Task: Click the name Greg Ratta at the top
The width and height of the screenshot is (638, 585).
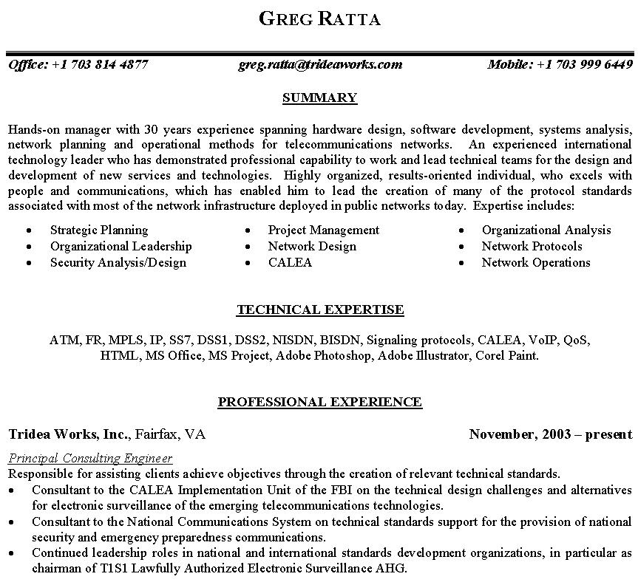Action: (319, 18)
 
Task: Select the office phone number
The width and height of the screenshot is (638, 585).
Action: (100, 64)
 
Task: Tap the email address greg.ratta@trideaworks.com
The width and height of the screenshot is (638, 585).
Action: (320, 64)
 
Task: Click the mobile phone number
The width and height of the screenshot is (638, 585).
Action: (584, 64)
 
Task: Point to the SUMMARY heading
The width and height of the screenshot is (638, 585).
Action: (319, 97)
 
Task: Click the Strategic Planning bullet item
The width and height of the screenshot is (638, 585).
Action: (99, 230)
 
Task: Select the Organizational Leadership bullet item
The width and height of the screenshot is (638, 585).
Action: (121, 247)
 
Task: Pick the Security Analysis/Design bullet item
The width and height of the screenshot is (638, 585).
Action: (118, 263)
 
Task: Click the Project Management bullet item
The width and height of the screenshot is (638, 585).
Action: (323, 230)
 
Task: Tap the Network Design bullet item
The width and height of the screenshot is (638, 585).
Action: (311, 247)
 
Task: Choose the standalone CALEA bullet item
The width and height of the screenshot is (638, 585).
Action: (290, 263)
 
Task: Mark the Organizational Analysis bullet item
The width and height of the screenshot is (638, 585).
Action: (546, 230)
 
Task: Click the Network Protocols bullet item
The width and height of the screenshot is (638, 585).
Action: (532, 247)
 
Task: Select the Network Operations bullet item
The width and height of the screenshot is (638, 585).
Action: (535, 263)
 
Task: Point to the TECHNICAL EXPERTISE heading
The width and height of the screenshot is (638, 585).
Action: (319, 310)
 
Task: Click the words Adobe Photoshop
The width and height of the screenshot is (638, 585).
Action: (325, 356)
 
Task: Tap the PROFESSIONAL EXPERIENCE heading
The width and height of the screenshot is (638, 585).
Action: (319, 403)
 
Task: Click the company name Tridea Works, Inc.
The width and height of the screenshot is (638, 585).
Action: (69, 434)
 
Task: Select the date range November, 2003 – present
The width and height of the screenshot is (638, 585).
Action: (550, 434)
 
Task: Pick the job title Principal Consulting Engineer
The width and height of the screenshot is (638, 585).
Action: (90, 459)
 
